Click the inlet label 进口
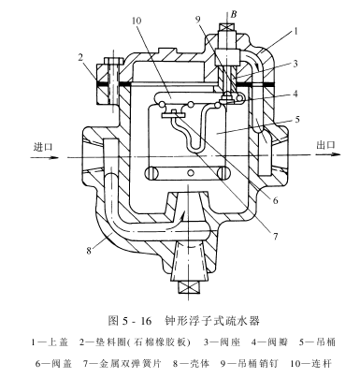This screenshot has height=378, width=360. [x=43, y=146]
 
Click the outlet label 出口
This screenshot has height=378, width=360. [x=325, y=144]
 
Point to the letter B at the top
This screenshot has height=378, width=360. [x=234, y=14]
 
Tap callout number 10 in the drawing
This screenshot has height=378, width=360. [x=137, y=21]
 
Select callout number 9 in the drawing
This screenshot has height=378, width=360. [x=198, y=20]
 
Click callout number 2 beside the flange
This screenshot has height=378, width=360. [x=80, y=57]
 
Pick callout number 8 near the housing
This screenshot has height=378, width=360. [x=89, y=250]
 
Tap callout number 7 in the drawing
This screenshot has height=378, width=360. [x=275, y=237]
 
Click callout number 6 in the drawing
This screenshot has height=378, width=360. [x=275, y=200]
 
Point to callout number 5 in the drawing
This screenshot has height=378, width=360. [x=297, y=119]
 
